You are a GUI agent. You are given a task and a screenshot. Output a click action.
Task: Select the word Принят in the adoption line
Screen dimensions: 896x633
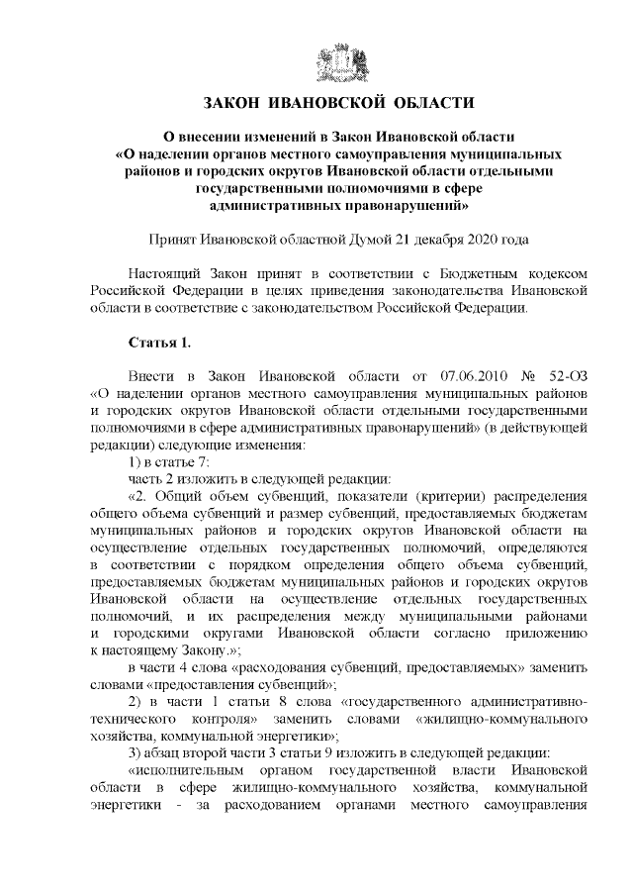(x=170, y=240)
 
